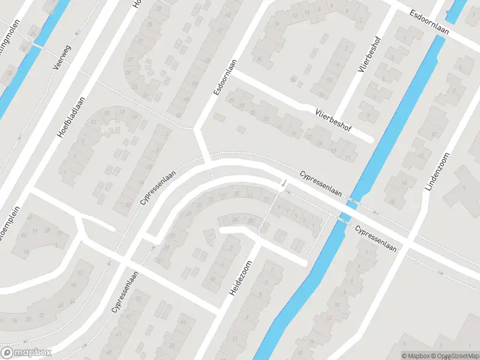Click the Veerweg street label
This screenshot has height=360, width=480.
[x=62, y=58]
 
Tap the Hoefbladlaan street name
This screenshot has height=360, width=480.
[x=71, y=118]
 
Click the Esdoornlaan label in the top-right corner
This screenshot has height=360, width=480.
[x=429, y=23]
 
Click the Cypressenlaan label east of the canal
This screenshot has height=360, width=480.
[x=376, y=238]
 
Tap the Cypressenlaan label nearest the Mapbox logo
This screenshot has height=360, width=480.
[x=125, y=292]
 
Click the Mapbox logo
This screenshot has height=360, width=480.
[x=26, y=353]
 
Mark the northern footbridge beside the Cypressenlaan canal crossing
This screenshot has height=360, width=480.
[x=354, y=203]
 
